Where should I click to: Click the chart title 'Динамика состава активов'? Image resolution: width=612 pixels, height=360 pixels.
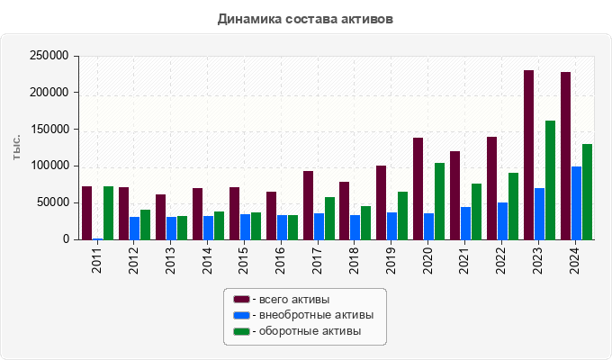coord(305,18)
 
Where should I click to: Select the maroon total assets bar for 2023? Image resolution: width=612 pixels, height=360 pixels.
coord(528,155)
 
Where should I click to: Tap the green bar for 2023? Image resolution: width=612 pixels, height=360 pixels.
coord(550,180)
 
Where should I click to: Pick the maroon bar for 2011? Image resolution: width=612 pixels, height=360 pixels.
coord(86,212)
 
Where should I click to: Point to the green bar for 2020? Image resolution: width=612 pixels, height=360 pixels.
coord(439,201)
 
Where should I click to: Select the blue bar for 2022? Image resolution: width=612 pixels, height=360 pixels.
coord(502,220)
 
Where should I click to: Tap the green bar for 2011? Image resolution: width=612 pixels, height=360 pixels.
coord(108,212)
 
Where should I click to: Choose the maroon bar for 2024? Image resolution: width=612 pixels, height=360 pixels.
coord(565,156)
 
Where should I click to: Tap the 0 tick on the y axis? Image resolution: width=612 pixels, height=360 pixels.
coord(66,239)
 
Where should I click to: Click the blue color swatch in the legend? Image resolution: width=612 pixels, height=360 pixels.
coord(241,315)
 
